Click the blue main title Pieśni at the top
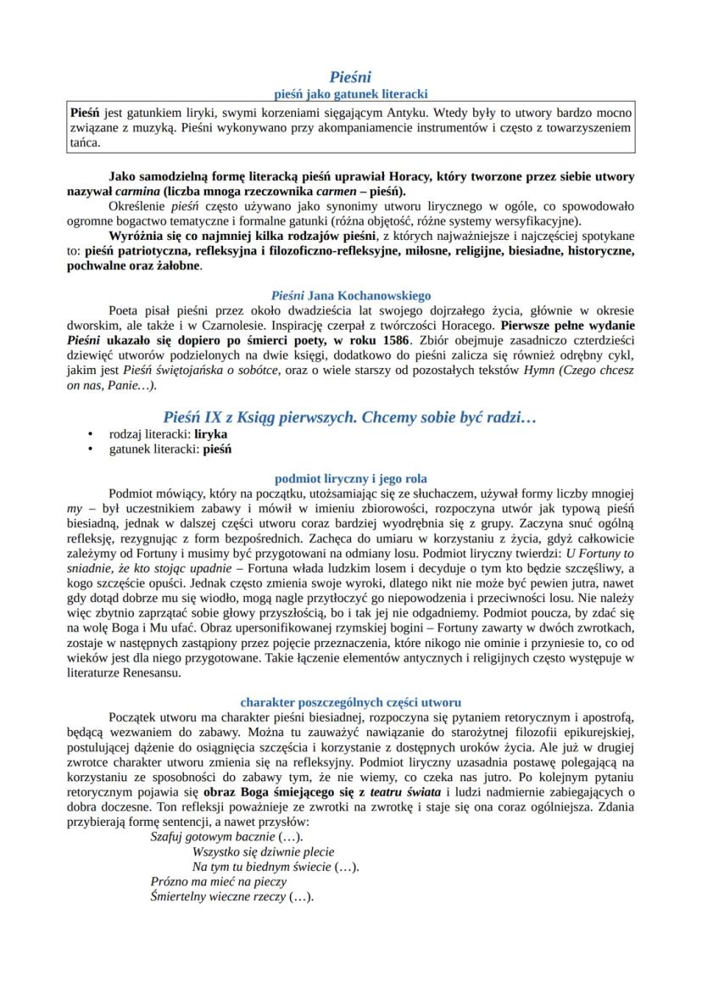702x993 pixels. click(350, 77)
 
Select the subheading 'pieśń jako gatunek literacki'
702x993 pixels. click(350, 93)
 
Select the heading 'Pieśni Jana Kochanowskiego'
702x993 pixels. click(350, 296)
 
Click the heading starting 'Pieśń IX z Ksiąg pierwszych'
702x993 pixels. click(350, 417)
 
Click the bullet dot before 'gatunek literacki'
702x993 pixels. click(91, 449)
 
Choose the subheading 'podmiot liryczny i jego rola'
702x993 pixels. click(350, 478)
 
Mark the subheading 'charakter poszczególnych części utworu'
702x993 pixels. click(350, 702)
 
